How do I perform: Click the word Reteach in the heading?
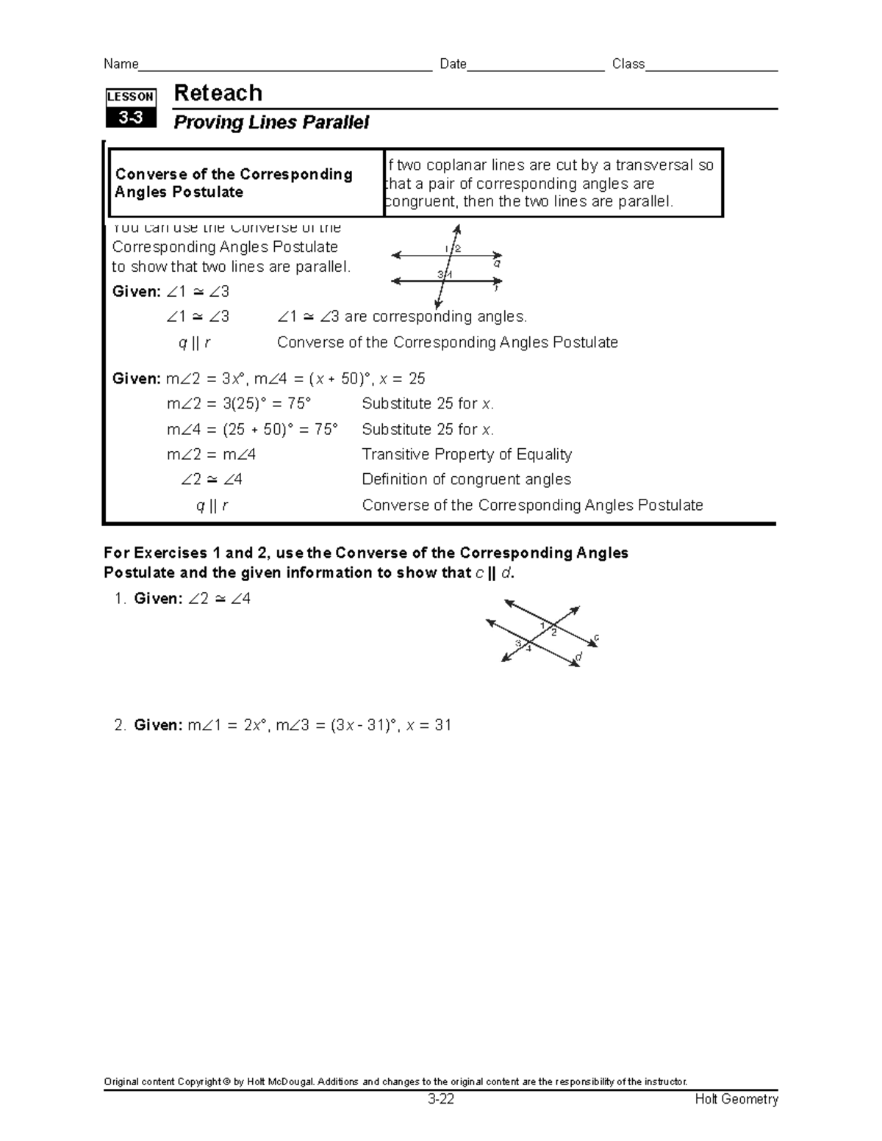coord(218,93)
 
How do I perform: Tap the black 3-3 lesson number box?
coord(131,118)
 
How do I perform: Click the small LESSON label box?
coord(131,96)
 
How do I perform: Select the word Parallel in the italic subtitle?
coord(339,123)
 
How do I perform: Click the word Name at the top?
coord(121,64)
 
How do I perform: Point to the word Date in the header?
coord(453,64)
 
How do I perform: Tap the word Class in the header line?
coord(628,64)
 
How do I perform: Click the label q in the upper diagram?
coord(498,262)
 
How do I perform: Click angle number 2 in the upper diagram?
coord(458,248)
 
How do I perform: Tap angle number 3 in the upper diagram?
coord(440,274)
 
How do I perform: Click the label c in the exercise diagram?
coord(596,637)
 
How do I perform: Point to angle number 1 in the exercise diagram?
coord(543,625)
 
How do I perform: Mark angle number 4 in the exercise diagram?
coord(528,648)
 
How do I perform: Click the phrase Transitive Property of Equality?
coord(467,454)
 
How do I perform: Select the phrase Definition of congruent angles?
coord(466,479)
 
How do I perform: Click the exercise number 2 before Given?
coord(119,725)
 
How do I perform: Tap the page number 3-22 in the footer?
coord(441,1099)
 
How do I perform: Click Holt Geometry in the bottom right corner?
coord(736,1099)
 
